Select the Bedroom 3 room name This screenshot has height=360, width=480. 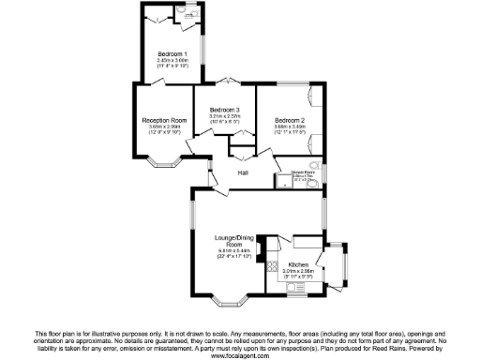coord(225,110)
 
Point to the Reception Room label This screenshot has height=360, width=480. coord(165,121)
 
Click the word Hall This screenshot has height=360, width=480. coord(243,173)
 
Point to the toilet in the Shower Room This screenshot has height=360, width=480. coord(317,182)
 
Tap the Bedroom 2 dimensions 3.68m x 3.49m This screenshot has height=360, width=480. coord(290,127)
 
